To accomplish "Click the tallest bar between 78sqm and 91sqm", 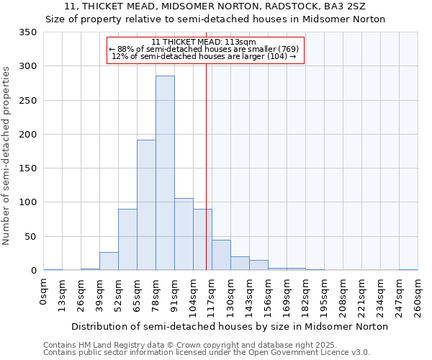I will tap(165, 173).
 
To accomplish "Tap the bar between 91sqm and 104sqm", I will tap(184, 234).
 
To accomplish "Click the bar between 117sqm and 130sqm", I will tap(221, 255).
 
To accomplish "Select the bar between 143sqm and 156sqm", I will tap(258, 265).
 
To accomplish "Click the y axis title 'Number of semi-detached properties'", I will tap(7, 156).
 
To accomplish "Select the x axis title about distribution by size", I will tap(230, 326).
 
